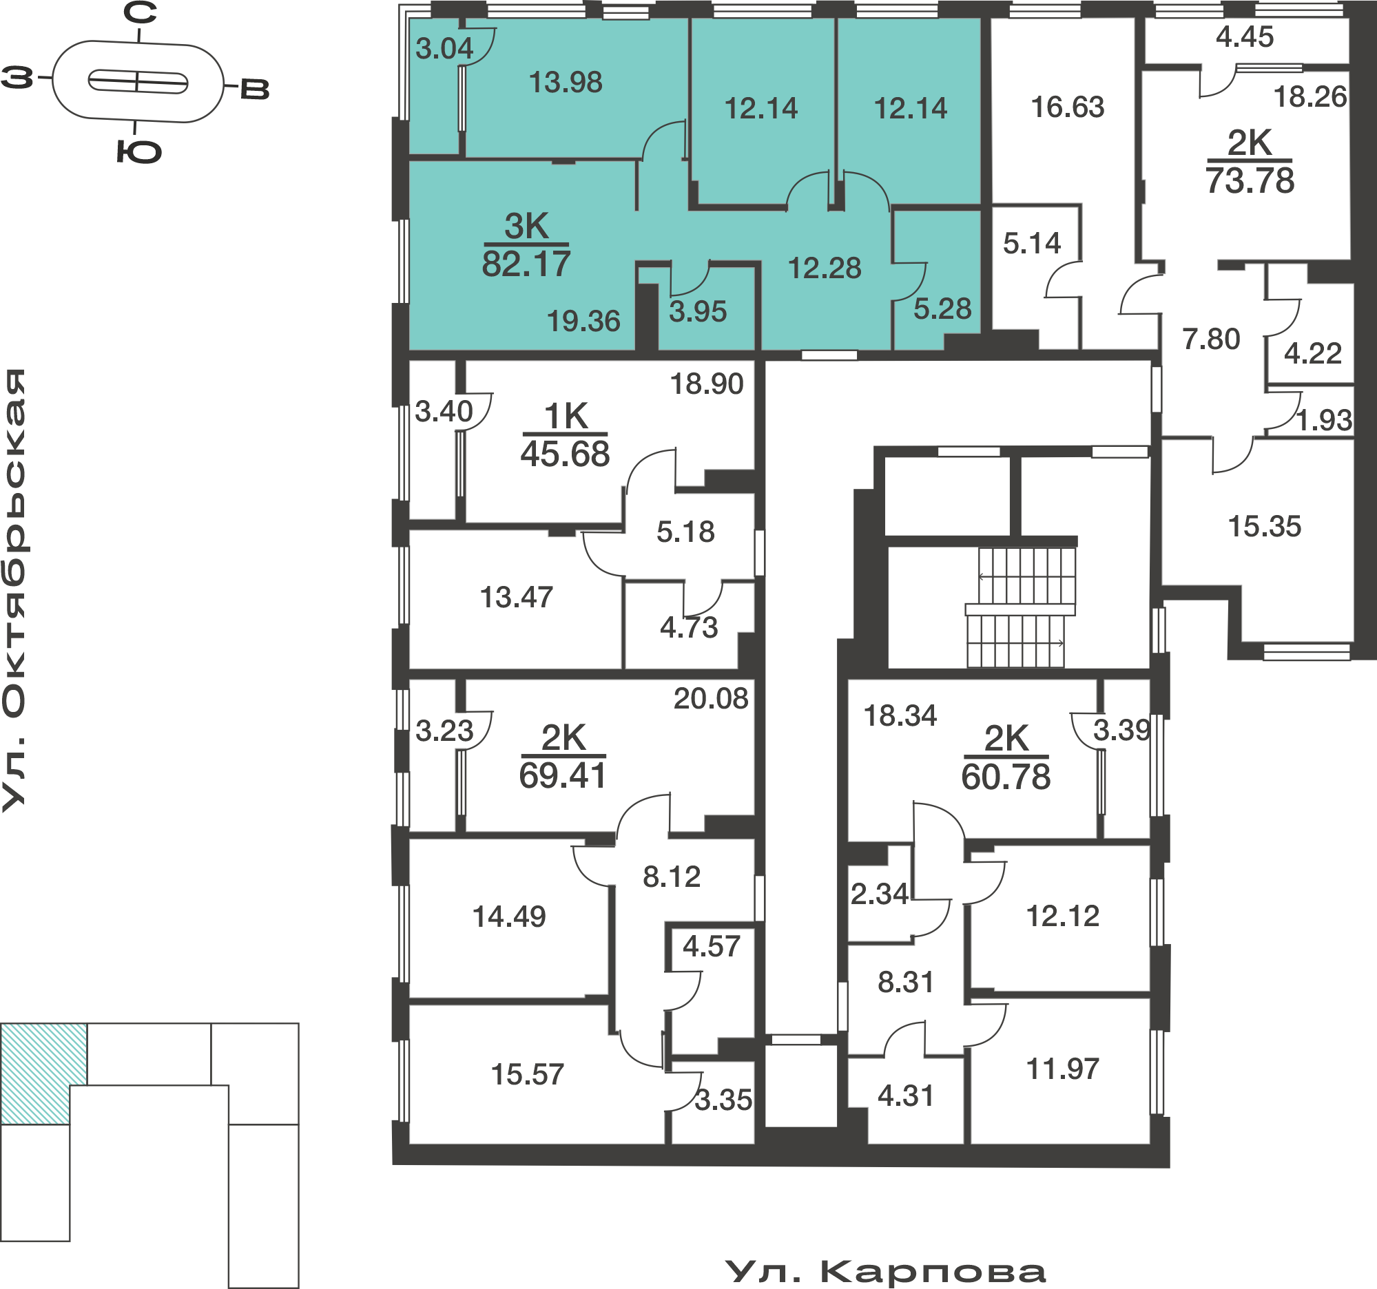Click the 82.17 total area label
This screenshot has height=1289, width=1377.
(x=526, y=264)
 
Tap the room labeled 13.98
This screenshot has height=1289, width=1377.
(x=566, y=83)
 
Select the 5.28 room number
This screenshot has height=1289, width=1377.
(x=942, y=308)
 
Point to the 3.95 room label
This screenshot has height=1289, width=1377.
(x=698, y=311)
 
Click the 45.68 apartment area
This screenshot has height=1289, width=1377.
(x=565, y=454)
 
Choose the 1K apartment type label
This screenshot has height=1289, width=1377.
(x=566, y=417)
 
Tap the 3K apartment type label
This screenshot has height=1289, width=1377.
(x=526, y=227)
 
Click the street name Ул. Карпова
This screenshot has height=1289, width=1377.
(x=885, y=1272)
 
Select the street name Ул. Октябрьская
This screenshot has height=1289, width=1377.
(x=14, y=590)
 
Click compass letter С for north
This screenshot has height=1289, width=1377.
(x=141, y=12)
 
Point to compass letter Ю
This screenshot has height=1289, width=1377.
(x=138, y=151)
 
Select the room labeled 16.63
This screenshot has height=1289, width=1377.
(x=1068, y=107)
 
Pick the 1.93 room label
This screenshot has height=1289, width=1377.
(x=1324, y=420)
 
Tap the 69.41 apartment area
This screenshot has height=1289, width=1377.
(x=562, y=775)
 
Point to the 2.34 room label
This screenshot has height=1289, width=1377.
(x=879, y=894)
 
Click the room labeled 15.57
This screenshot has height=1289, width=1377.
(x=527, y=1074)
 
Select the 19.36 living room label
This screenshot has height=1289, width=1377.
(x=583, y=321)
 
